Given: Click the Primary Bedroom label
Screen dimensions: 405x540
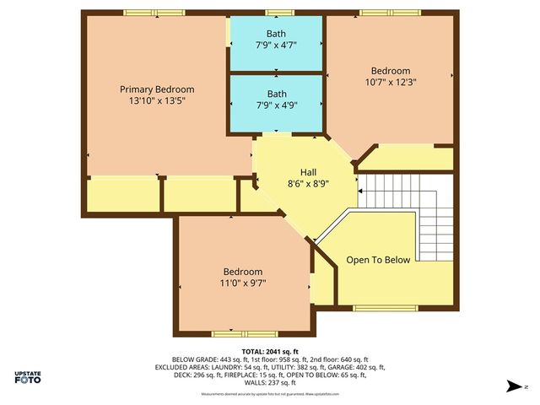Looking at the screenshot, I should click(156, 89).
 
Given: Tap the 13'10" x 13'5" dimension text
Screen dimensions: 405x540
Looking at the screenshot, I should click(156, 100).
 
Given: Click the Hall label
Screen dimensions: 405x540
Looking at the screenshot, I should click(296, 171).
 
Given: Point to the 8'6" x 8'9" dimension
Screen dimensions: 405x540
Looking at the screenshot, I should click(296, 182).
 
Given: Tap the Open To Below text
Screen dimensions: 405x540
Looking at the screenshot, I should click(378, 260).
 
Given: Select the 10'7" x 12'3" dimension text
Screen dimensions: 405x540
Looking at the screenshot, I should click(390, 83).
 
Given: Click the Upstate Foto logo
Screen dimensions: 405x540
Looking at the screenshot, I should click(29, 377).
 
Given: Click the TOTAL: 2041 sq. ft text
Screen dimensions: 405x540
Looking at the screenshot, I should click(270, 351).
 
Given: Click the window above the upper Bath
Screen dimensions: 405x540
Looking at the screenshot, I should click(275, 13).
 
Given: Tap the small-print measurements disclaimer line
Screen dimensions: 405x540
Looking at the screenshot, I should click(270, 393).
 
